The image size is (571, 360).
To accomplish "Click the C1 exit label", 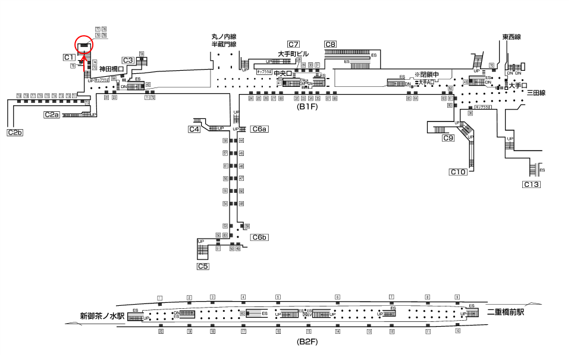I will click(x=69, y=57).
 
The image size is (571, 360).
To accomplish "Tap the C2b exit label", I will click(x=15, y=132).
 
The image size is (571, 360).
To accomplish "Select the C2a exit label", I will click(x=52, y=114).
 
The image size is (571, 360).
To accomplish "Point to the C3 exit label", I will click(x=128, y=60).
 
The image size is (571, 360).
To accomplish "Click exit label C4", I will click(x=194, y=129).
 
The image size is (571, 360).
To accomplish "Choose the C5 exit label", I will click(x=203, y=266).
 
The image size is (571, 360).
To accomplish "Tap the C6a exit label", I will click(x=260, y=129).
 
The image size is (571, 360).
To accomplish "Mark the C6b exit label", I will click(x=260, y=237).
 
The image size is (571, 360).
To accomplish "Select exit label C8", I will click(x=331, y=45).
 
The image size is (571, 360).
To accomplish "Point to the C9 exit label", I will click(x=448, y=138).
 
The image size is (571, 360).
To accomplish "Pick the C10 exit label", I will click(x=458, y=172).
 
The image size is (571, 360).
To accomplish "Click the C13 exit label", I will click(x=532, y=184).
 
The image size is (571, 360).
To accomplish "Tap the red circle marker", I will click(x=84, y=45).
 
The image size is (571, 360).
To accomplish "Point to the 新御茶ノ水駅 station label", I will click(x=102, y=316).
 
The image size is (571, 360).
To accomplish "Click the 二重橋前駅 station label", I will click(x=505, y=312).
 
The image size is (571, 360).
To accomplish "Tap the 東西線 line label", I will click(x=511, y=37).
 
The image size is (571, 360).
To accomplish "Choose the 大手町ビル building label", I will click(x=293, y=54).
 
